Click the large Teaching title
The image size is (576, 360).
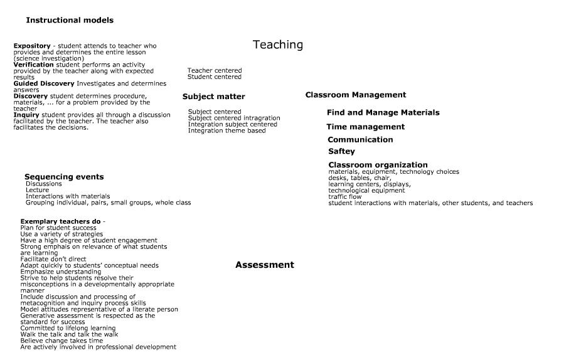(x=277, y=45)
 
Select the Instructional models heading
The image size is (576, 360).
(x=70, y=20)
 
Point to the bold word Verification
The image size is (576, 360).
(x=33, y=65)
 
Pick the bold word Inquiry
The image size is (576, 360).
(x=26, y=115)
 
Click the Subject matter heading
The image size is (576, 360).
(x=213, y=97)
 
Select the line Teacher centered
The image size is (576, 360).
(x=214, y=70)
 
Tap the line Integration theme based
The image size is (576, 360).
(x=227, y=130)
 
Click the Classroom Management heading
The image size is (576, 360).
(x=355, y=95)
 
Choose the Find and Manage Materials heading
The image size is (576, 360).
(x=383, y=113)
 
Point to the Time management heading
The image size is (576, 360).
(x=365, y=127)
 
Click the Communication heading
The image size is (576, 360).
(x=360, y=140)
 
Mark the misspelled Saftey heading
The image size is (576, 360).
(x=341, y=151)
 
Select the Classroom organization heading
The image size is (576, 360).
(x=378, y=165)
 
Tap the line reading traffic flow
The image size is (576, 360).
(x=344, y=196)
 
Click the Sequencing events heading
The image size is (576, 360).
(x=64, y=177)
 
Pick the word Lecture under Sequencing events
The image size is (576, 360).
(x=37, y=190)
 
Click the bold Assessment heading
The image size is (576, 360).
(x=264, y=265)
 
